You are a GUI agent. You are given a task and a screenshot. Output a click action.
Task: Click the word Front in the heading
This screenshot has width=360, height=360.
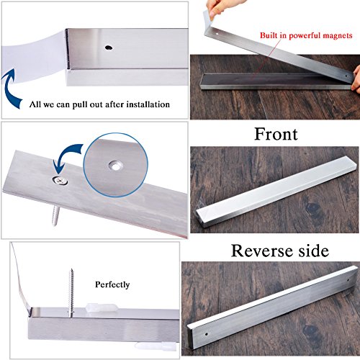tap(276, 134)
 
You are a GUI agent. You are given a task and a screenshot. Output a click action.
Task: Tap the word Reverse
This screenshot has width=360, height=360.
tap(262, 251)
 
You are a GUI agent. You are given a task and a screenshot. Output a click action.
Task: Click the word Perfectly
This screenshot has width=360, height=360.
tap(112, 284)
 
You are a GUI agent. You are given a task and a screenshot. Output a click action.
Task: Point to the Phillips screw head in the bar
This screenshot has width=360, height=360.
tap(60, 181)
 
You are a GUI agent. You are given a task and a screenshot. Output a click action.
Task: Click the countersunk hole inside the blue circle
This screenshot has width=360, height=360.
tap(116, 166)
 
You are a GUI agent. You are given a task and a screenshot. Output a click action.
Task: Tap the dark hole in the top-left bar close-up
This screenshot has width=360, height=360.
tap(109, 48)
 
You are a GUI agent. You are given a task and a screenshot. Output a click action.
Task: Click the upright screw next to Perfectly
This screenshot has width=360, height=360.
tap(71, 292)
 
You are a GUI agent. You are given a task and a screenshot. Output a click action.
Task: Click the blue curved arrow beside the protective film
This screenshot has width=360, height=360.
tap(10, 88)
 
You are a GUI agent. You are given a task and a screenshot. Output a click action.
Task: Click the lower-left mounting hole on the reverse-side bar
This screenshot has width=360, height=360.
tap(206, 333)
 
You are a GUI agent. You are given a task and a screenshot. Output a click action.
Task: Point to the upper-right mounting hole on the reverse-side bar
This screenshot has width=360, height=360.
tap(348, 280)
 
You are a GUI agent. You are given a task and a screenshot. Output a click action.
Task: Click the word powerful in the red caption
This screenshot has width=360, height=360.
tap(305, 35)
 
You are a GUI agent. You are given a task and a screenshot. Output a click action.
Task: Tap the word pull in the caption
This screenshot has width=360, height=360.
tap(80, 105)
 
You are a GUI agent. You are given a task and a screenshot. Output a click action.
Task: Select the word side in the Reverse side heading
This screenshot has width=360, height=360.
tap(313, 251)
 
